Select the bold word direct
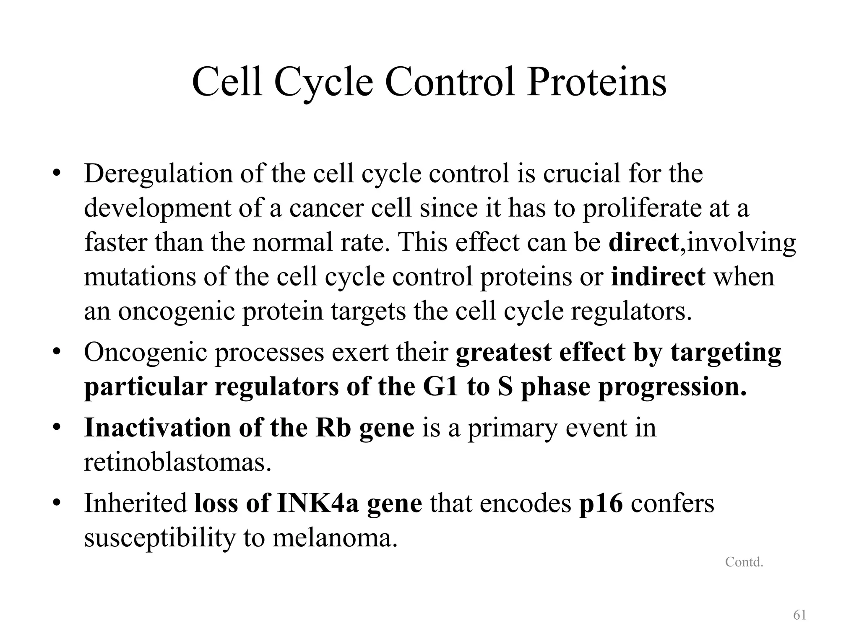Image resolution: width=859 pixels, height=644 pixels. (643, 242)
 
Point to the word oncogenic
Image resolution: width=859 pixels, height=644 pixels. (176, 312)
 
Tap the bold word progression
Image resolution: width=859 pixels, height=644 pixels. (672, 387)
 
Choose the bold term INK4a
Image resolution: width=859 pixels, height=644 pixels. (318, 503)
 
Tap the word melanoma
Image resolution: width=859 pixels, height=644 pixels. (335, 538)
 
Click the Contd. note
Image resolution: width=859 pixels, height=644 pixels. (744, 562)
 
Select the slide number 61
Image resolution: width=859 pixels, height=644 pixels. (799, 615)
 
